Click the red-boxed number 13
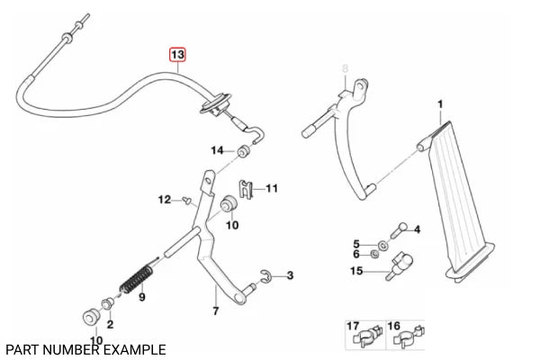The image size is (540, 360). (178, 56)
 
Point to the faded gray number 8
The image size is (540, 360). (343, 67)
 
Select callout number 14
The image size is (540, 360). (218, 149)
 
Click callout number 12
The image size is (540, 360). (163, 199)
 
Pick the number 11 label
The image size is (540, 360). (272, 189)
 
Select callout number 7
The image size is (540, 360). (214, 311)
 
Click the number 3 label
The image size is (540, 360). (289, 277)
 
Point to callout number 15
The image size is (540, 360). (356, 271)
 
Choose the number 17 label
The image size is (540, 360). (354, 325)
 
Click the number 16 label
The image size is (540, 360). (393, 325)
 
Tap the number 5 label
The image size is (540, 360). (355, 244)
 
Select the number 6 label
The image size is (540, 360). (355, 256)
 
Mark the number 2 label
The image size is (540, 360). (110, 324)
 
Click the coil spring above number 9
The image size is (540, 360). (138, 273)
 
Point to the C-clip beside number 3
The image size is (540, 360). (265, 276)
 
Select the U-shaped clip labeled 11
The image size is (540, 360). (249, 190)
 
